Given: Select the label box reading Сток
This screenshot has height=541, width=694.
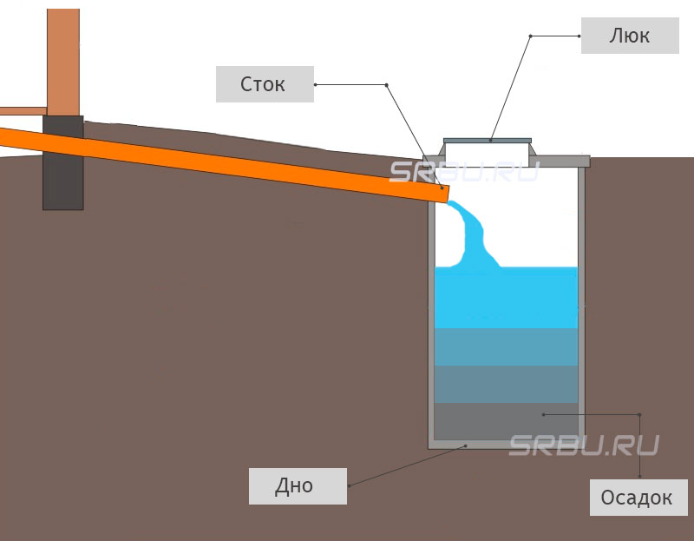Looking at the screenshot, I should [265, 84].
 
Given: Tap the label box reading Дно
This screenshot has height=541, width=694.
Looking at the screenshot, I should [298, 485].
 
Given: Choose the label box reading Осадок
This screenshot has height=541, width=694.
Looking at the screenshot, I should [638, 497].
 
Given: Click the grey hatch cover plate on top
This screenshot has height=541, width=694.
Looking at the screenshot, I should [487, 140].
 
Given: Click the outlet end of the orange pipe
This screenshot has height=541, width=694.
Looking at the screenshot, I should [443, 193].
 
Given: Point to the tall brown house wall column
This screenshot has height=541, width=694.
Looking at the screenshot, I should [62, 56].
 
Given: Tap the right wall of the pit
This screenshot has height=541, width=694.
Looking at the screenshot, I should [582, 304].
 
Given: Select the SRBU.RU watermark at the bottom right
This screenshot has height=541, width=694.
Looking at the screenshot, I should [583, 445].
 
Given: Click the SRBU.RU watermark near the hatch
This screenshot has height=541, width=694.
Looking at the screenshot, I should [464, 172].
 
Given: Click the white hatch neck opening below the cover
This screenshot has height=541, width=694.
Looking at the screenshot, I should [487, 153].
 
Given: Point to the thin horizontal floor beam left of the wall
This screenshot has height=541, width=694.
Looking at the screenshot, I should [23, 111].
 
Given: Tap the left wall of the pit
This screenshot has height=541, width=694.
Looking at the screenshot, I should [431, 330].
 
